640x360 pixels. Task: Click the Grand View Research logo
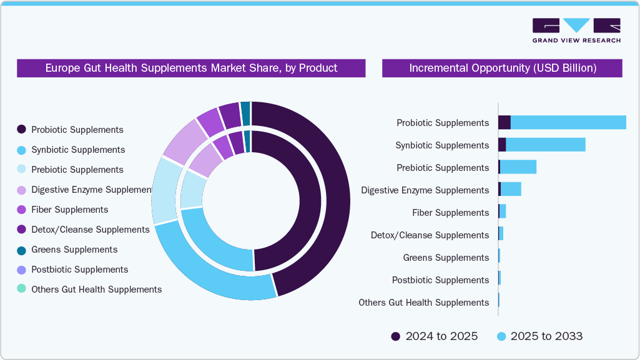coord(576,30)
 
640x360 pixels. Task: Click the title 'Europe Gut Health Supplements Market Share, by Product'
coord(191,68)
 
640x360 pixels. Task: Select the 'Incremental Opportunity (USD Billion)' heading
coord(502,68)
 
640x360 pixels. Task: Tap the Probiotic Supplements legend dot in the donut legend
coord(21,130)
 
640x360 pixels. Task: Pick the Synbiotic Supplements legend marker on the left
coord(21,150)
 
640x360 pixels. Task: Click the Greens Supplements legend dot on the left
coord(21,250)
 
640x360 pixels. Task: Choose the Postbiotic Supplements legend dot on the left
coord(21,270)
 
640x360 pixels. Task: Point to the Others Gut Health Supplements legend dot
coord(21,289)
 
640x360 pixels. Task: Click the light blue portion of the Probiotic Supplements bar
coord(568,123)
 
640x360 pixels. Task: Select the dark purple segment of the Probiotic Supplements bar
coord(504,123)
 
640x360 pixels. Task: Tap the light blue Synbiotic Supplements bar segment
coord(545,145)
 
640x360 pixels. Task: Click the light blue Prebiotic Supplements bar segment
coord(518,168)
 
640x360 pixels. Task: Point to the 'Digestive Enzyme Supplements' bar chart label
coord(425,190)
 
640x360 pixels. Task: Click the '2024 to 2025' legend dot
coord(396,337)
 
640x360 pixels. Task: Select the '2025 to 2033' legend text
coord(546,337)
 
